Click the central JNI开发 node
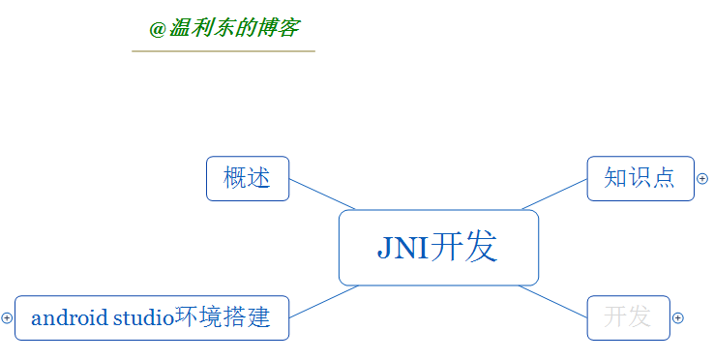[x=438, y=248]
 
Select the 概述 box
[x=248, y=178]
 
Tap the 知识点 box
[x=640, y=178]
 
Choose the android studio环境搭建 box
[x=152, y=317]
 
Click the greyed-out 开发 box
[x=628, y=317]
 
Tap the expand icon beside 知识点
[x=702, y=179]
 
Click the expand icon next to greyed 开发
[x=678, y=317]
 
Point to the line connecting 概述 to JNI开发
[x=322, y=194]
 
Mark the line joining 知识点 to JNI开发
[x=555, y=194]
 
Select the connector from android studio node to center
[x=324, y=302]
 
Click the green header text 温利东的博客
[x=233, y=28]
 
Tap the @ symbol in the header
[x=158, y=29]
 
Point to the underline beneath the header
[x=223, y=50]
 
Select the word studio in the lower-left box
[x=143, y=317]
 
